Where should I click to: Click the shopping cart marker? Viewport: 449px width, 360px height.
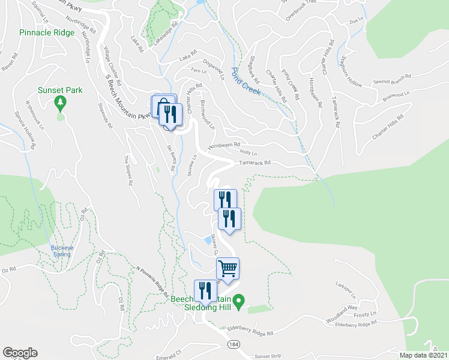pos(228,268)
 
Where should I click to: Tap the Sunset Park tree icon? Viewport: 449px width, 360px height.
pos(59,103)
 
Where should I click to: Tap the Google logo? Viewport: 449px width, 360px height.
pos(20,353)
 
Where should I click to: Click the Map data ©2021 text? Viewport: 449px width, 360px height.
pos(423,355)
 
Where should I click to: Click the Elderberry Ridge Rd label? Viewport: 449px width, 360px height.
pos(251,331)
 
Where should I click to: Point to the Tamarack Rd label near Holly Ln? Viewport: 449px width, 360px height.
pos(255,163)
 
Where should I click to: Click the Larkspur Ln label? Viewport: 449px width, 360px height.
pos(346,289)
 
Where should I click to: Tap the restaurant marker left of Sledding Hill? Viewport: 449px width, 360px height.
pos(205,291)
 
